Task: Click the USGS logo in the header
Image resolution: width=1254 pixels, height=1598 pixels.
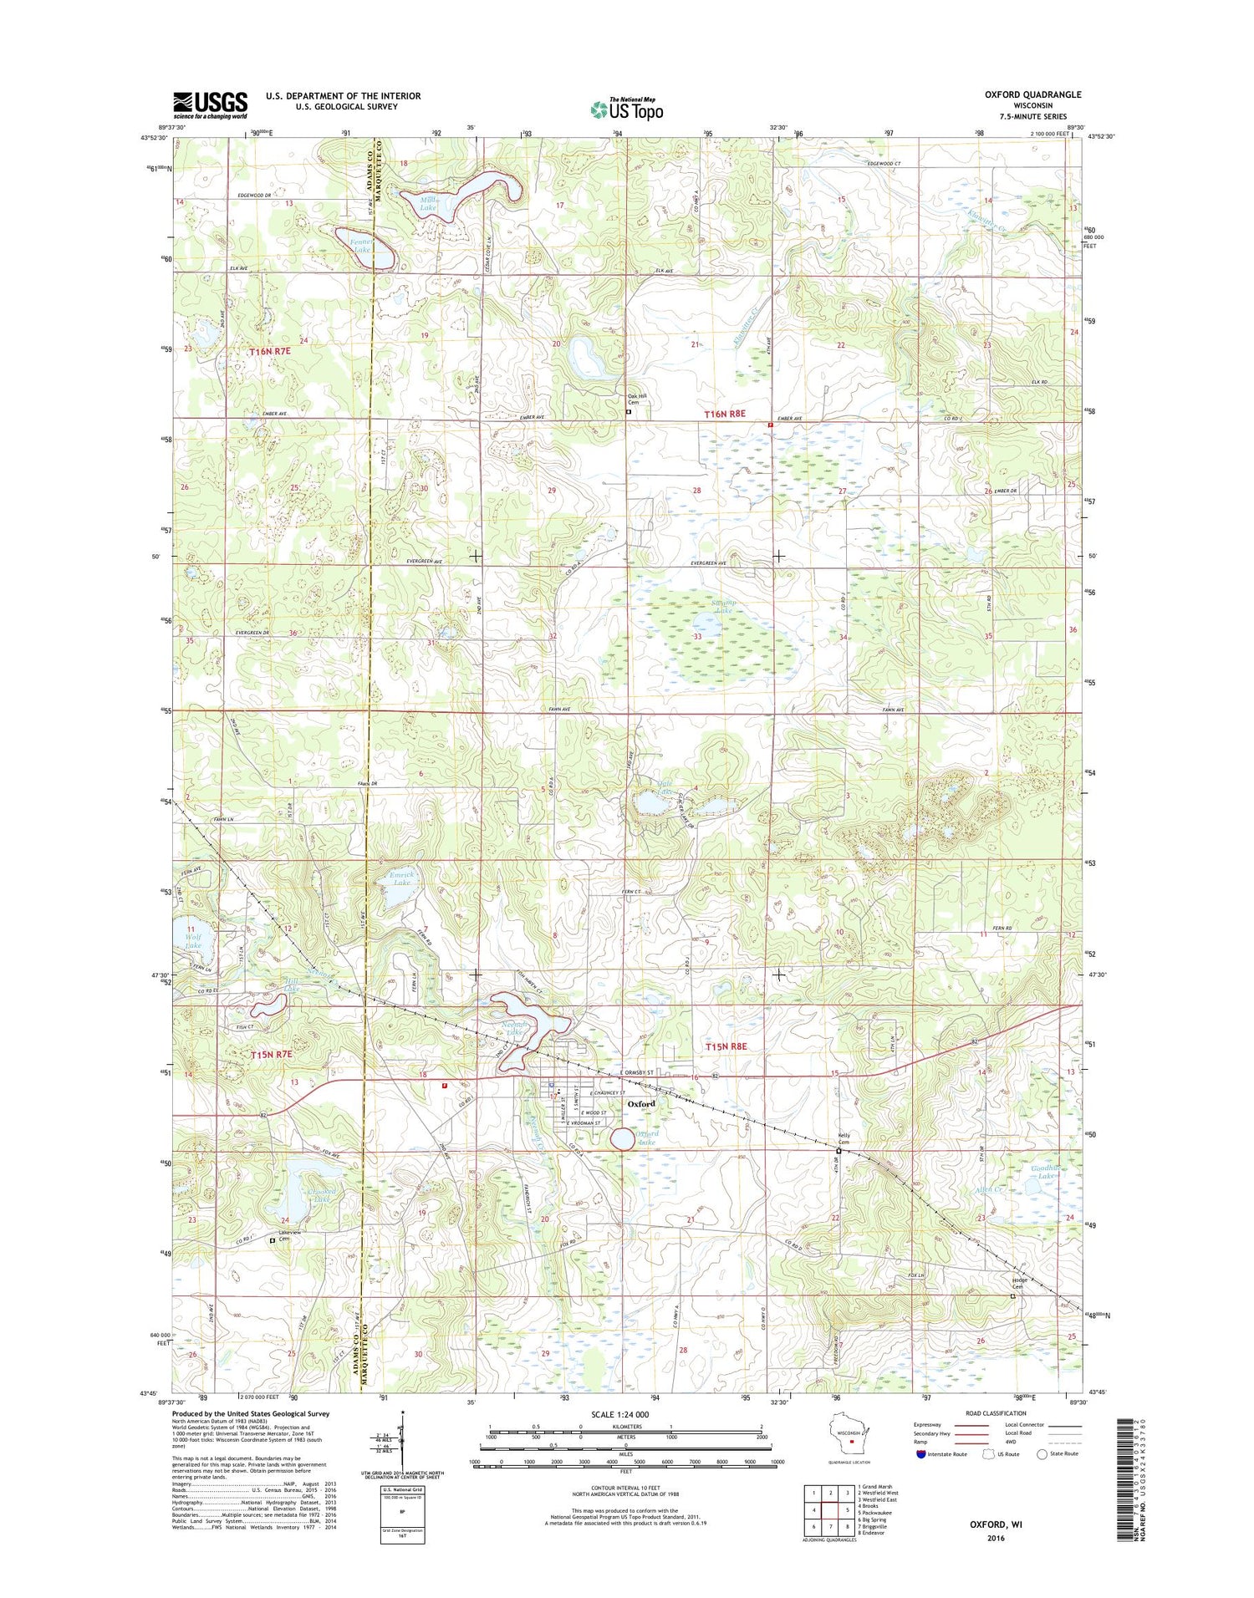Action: coord(210,104)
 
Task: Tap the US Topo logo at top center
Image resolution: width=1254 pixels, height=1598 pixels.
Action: coord(626,109)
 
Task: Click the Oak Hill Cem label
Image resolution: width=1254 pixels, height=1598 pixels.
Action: coord(639,399)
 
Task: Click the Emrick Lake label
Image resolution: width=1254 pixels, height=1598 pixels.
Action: coord(402,878)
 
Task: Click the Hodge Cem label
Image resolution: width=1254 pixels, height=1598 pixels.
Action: coord(1019,1283)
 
